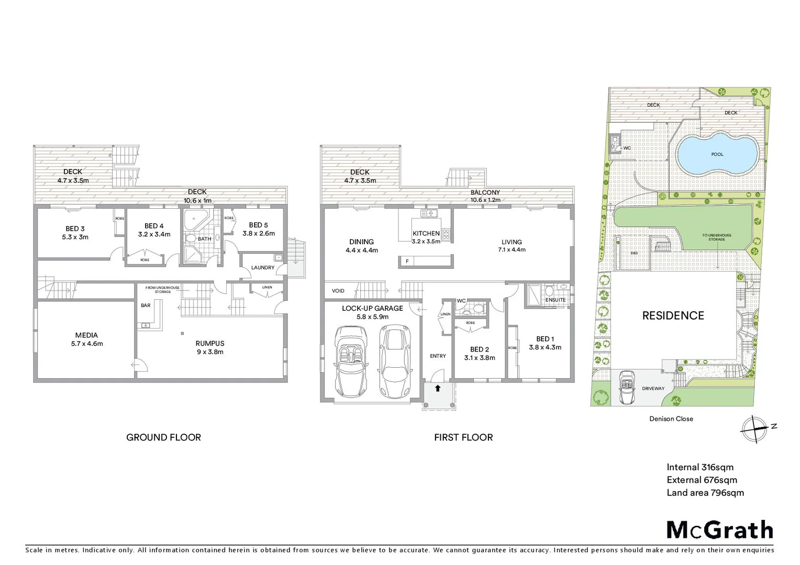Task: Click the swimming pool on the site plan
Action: [717, 154]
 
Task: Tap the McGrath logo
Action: [719, 530]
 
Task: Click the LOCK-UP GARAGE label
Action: [372, 308]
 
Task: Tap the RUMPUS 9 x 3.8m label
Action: [209, 347]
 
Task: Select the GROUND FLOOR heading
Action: [163, 437]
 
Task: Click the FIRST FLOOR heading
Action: [463, 437]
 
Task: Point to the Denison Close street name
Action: [671, 419]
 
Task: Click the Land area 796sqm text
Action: [705, 492]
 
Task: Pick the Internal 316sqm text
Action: [699, 467]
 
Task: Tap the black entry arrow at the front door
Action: [438, 388]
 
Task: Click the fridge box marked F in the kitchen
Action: [407, 261]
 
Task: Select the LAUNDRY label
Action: [262, 267]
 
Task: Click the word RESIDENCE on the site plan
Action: [673, 315]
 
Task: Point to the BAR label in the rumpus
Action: [146, 306]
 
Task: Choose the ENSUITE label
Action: [555, 300]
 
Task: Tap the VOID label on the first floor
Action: [338, 291]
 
